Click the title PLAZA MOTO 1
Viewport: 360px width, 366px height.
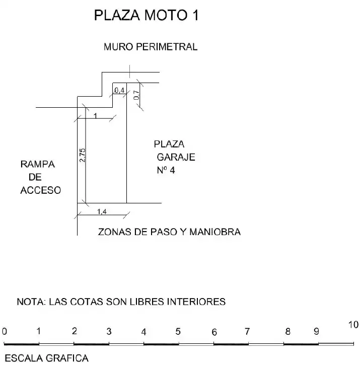[x=147, y=15]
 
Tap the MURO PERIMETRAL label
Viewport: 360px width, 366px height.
[x=151, y=47]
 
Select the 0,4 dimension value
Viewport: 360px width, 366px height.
[x=119, y=90]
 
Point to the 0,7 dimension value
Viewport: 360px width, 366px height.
[x=136, y=95]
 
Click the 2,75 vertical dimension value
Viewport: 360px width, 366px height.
[x=82, y=155]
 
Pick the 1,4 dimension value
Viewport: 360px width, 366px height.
[x=102, y=211]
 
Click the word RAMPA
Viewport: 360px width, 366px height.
[x=38, y=164]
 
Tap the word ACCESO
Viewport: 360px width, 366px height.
[x=41, y=190]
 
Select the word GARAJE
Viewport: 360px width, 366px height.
[x=176, y=157]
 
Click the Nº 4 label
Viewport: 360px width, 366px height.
[x=166, y=170]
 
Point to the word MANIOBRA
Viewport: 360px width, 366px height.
[x=215, y=232]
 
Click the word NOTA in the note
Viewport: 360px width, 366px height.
[x=31, y=302]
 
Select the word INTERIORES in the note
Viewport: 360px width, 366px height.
[x=196, y=302]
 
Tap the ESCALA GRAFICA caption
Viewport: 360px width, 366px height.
[x=47, y=358]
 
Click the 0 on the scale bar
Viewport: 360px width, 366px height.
[x=5, y=331]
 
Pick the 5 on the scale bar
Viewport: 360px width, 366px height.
[x=178, y=331]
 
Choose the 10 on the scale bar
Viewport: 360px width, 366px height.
[x=353, y=325]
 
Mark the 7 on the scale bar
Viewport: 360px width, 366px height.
[x=247, y=331]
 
